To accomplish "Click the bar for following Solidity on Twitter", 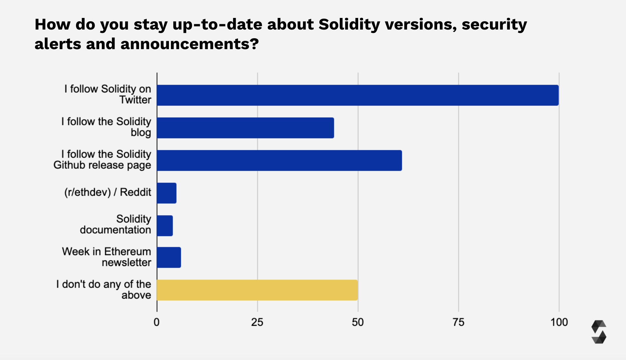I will point(357,95).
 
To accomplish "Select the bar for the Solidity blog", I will point(245,128).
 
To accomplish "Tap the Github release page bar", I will point(279,160).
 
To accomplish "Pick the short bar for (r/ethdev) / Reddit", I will point(167,193).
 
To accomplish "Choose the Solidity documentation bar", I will point(165,226).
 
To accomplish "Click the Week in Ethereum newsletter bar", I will point(169,257).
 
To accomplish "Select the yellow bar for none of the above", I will point(257,290).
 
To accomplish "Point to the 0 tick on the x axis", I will point(157,322).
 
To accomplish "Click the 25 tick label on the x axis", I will point(257,322).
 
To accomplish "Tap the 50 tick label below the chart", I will point(358,322).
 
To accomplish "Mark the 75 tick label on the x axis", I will point(458,322).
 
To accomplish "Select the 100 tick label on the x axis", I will point(559,322).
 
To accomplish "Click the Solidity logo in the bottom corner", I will point(599,332).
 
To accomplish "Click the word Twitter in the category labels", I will point(135,100).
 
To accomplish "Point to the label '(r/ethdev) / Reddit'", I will point(108,192).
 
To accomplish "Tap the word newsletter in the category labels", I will point(126,263).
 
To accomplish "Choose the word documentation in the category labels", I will point(116,230).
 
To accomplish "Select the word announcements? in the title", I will point(189,44).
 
